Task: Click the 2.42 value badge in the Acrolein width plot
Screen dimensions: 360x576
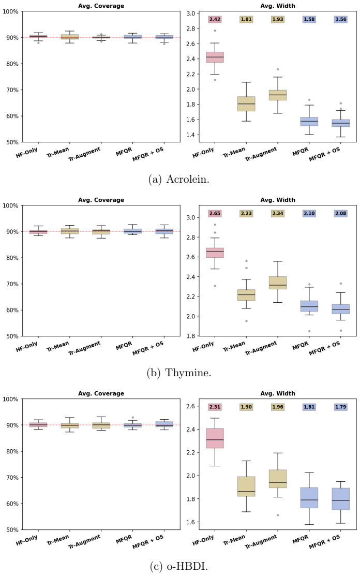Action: pyautogui.click(x=215, y=20)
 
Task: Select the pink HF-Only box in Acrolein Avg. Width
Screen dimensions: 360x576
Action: pyautogui.click(x=215, y=57)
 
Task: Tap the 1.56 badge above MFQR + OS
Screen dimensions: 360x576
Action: pyautogui.click(x=340, y=20)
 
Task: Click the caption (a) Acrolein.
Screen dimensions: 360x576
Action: pyautogui.click(x=179, y=179)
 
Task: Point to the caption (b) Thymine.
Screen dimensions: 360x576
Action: pyautogui.click(x=179, y=373)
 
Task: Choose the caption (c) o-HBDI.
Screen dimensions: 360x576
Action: pyautogui.click(x=179, y=566)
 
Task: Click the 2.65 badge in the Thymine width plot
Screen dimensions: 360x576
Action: pyautogui.click(x=215, y=213)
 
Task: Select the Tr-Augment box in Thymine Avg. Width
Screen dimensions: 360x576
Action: pyautogui.click(x=278, y=283)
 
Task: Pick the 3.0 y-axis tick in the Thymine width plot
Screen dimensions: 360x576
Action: pyautogui.click(x=190, y=217)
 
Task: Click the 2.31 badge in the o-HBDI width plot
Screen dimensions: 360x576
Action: pyautogui.click(x=215, y=407)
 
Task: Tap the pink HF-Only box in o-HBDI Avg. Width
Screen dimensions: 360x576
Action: pyautogui.click(x=215, y=438)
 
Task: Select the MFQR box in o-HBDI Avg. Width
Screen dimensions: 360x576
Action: pyautogui.click(x=309, y=498)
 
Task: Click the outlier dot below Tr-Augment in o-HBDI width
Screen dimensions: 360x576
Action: pyautogui.click(x=278, y=515)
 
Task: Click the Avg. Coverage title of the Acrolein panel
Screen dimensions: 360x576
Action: pyautogui.click(x=101, y=6)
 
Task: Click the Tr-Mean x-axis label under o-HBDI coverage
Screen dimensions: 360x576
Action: pyautogui.click(x=58, y=540)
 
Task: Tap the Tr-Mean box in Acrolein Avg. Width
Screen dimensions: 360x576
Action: pyautogui.click(x=246, y=104)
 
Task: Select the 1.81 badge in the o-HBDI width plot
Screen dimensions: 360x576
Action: pyautogui.click(x=309, y=407)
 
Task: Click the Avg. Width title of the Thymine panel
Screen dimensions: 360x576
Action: pyautogui.click(x=278, y=200)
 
